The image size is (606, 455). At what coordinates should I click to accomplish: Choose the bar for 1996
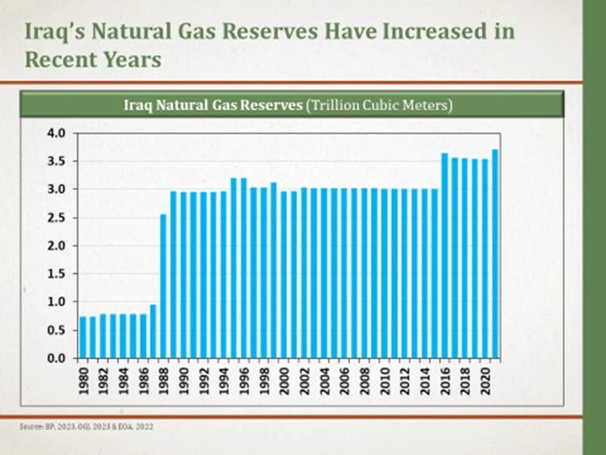[x=244, y=268]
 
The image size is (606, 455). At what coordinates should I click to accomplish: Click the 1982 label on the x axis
[x=103, y=379]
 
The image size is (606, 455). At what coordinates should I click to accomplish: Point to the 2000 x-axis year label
[x=284, y=379]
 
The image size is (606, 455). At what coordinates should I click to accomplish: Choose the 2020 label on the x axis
[x=485, y=379]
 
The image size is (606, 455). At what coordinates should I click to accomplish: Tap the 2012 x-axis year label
[x=405, y=379]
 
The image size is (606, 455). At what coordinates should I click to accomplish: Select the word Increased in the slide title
[x=436, y=32]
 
